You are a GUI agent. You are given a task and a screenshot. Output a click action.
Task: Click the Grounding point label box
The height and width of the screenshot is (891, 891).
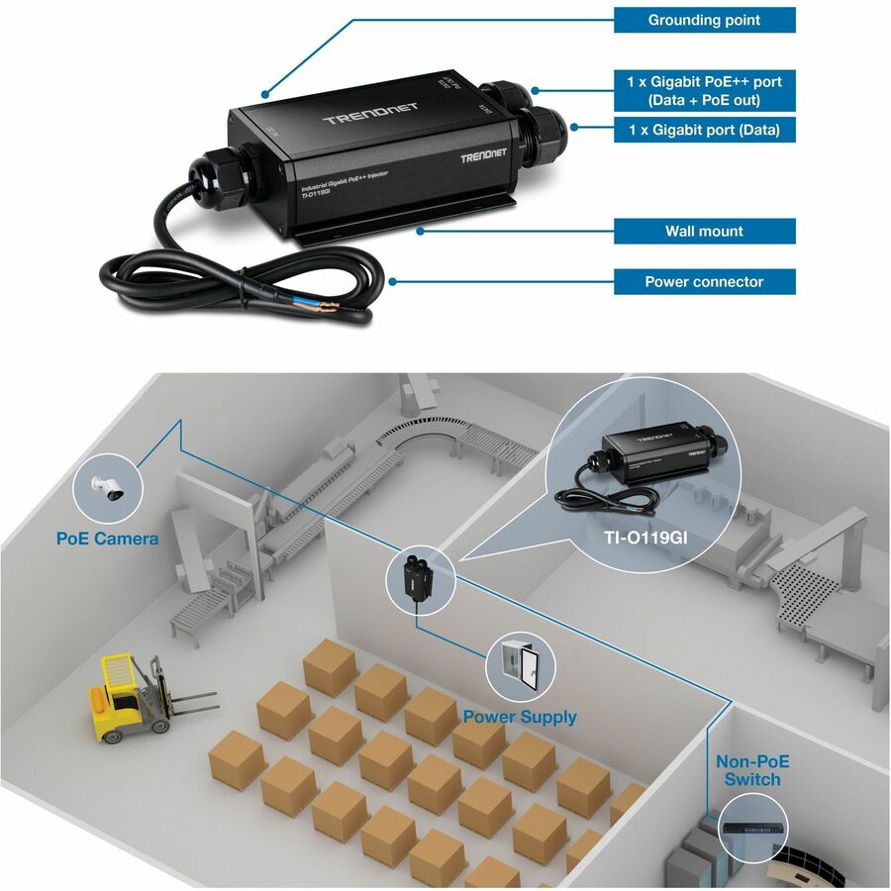tap(704, 20)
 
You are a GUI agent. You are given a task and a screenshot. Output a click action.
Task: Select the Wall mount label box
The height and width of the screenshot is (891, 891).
tap(704, 232)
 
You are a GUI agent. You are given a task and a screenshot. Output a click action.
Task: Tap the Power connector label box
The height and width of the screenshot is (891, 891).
tap(704, 282)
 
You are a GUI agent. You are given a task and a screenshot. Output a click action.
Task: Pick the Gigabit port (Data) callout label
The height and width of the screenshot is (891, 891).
tap(704, 130)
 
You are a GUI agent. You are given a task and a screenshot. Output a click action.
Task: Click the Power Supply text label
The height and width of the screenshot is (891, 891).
tap(520, 716)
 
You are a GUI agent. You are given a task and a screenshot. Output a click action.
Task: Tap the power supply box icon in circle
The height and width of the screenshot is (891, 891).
tap(520, 667)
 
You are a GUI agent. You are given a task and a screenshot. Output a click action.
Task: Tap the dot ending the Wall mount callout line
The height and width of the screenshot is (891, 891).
tap(422, 232)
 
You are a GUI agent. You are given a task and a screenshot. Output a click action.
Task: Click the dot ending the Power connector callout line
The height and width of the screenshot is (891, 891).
tap(393, 281)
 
